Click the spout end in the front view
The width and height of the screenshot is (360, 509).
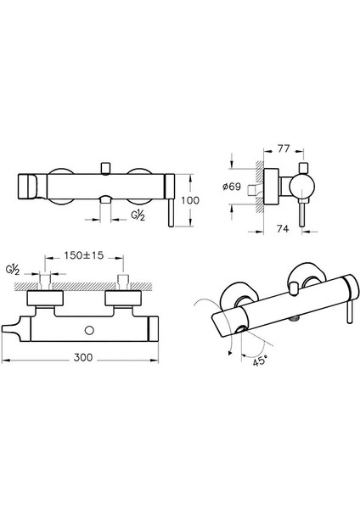pos(27,182)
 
